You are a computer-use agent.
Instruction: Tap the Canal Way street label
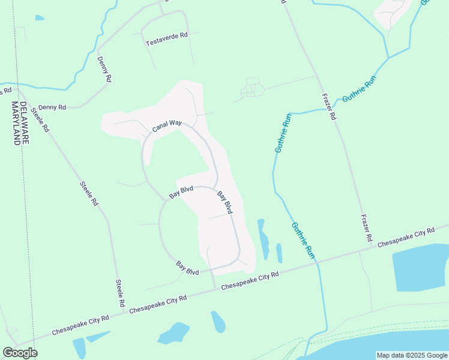167,125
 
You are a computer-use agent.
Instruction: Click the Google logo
20,352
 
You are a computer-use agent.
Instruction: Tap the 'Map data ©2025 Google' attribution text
412,355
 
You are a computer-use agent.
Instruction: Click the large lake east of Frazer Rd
420,268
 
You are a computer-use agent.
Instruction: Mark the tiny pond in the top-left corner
40,18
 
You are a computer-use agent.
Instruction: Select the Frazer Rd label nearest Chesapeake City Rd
366,228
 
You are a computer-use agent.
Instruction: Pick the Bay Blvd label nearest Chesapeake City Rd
187,268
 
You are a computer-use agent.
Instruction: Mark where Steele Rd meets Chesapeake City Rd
124,312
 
